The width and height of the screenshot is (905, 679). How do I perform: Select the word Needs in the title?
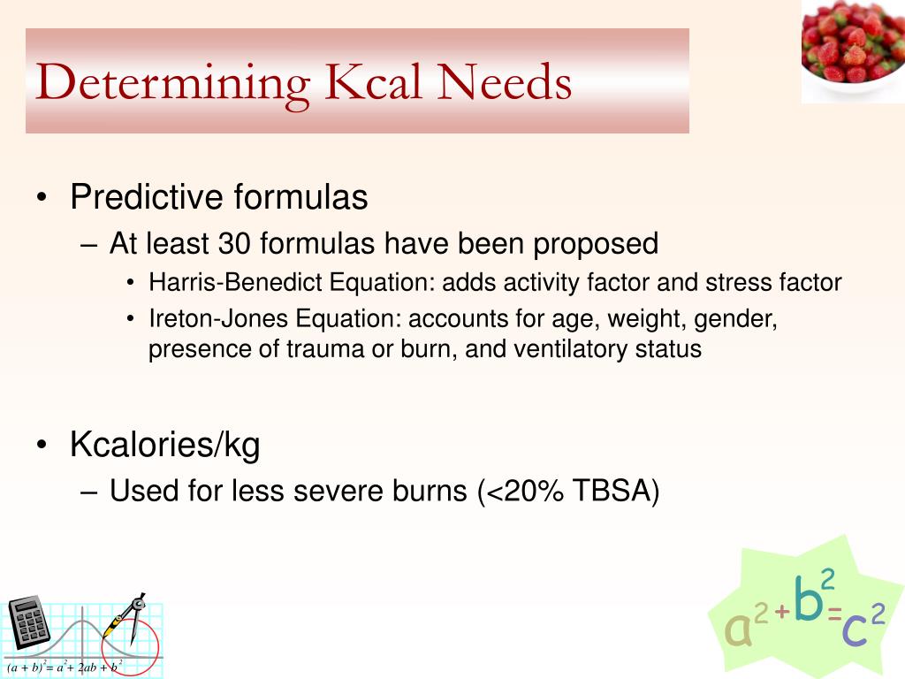tap(510, 82)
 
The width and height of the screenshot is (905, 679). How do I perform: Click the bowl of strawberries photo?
tap(852, 50)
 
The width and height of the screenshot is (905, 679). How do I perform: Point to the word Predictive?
tap(147, 197)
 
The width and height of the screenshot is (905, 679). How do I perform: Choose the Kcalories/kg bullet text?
tap(165, 446)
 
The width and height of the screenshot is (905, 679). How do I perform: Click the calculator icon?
tap(29, 623)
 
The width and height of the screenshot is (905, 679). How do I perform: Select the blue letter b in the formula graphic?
tap(808, 599)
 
